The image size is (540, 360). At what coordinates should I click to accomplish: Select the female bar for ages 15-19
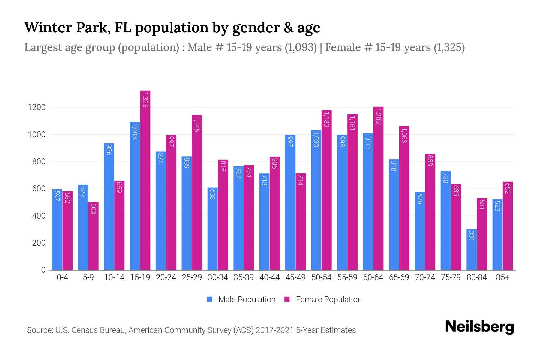coord(146,180)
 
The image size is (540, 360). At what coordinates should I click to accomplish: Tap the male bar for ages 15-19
coord(135,196)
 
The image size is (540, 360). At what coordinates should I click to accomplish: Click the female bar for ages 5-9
coord(94,236)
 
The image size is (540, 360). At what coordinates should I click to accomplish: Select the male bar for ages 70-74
coord(420,231)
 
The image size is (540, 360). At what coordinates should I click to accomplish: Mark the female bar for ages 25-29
coord(197,193)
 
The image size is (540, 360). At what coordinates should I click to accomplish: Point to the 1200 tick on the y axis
coord(36,108)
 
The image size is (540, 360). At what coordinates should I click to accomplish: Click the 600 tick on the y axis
coord(38,189)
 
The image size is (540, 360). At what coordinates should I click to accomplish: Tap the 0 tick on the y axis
coord(42,270)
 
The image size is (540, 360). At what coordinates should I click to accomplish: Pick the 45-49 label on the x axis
coord(295,279)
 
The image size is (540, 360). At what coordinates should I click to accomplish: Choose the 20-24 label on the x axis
coord(166,279)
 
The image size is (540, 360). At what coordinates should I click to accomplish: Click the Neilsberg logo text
coord(477,327)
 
